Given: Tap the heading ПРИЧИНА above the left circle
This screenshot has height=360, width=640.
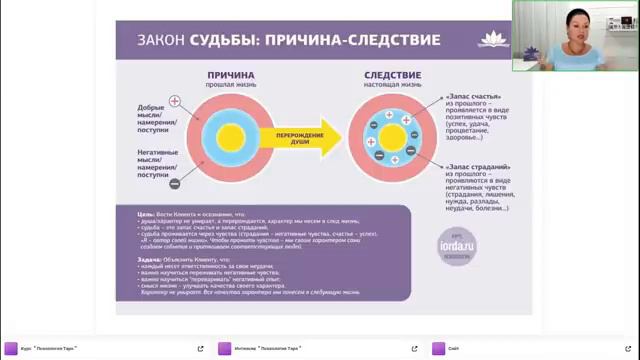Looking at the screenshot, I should [230, 74].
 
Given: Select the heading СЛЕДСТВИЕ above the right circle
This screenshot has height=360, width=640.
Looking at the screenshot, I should [392, 74].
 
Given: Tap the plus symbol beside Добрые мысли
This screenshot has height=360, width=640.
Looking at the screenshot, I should [174, 101].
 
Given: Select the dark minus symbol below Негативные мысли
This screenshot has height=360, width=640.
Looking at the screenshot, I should [174, 184].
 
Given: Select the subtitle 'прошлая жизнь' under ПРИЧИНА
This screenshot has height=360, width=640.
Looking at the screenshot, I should [230, 86].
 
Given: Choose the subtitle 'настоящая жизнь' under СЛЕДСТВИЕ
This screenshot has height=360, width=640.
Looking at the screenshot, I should [392, 86].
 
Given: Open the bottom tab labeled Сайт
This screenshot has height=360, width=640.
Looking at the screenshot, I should [454, 349].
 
